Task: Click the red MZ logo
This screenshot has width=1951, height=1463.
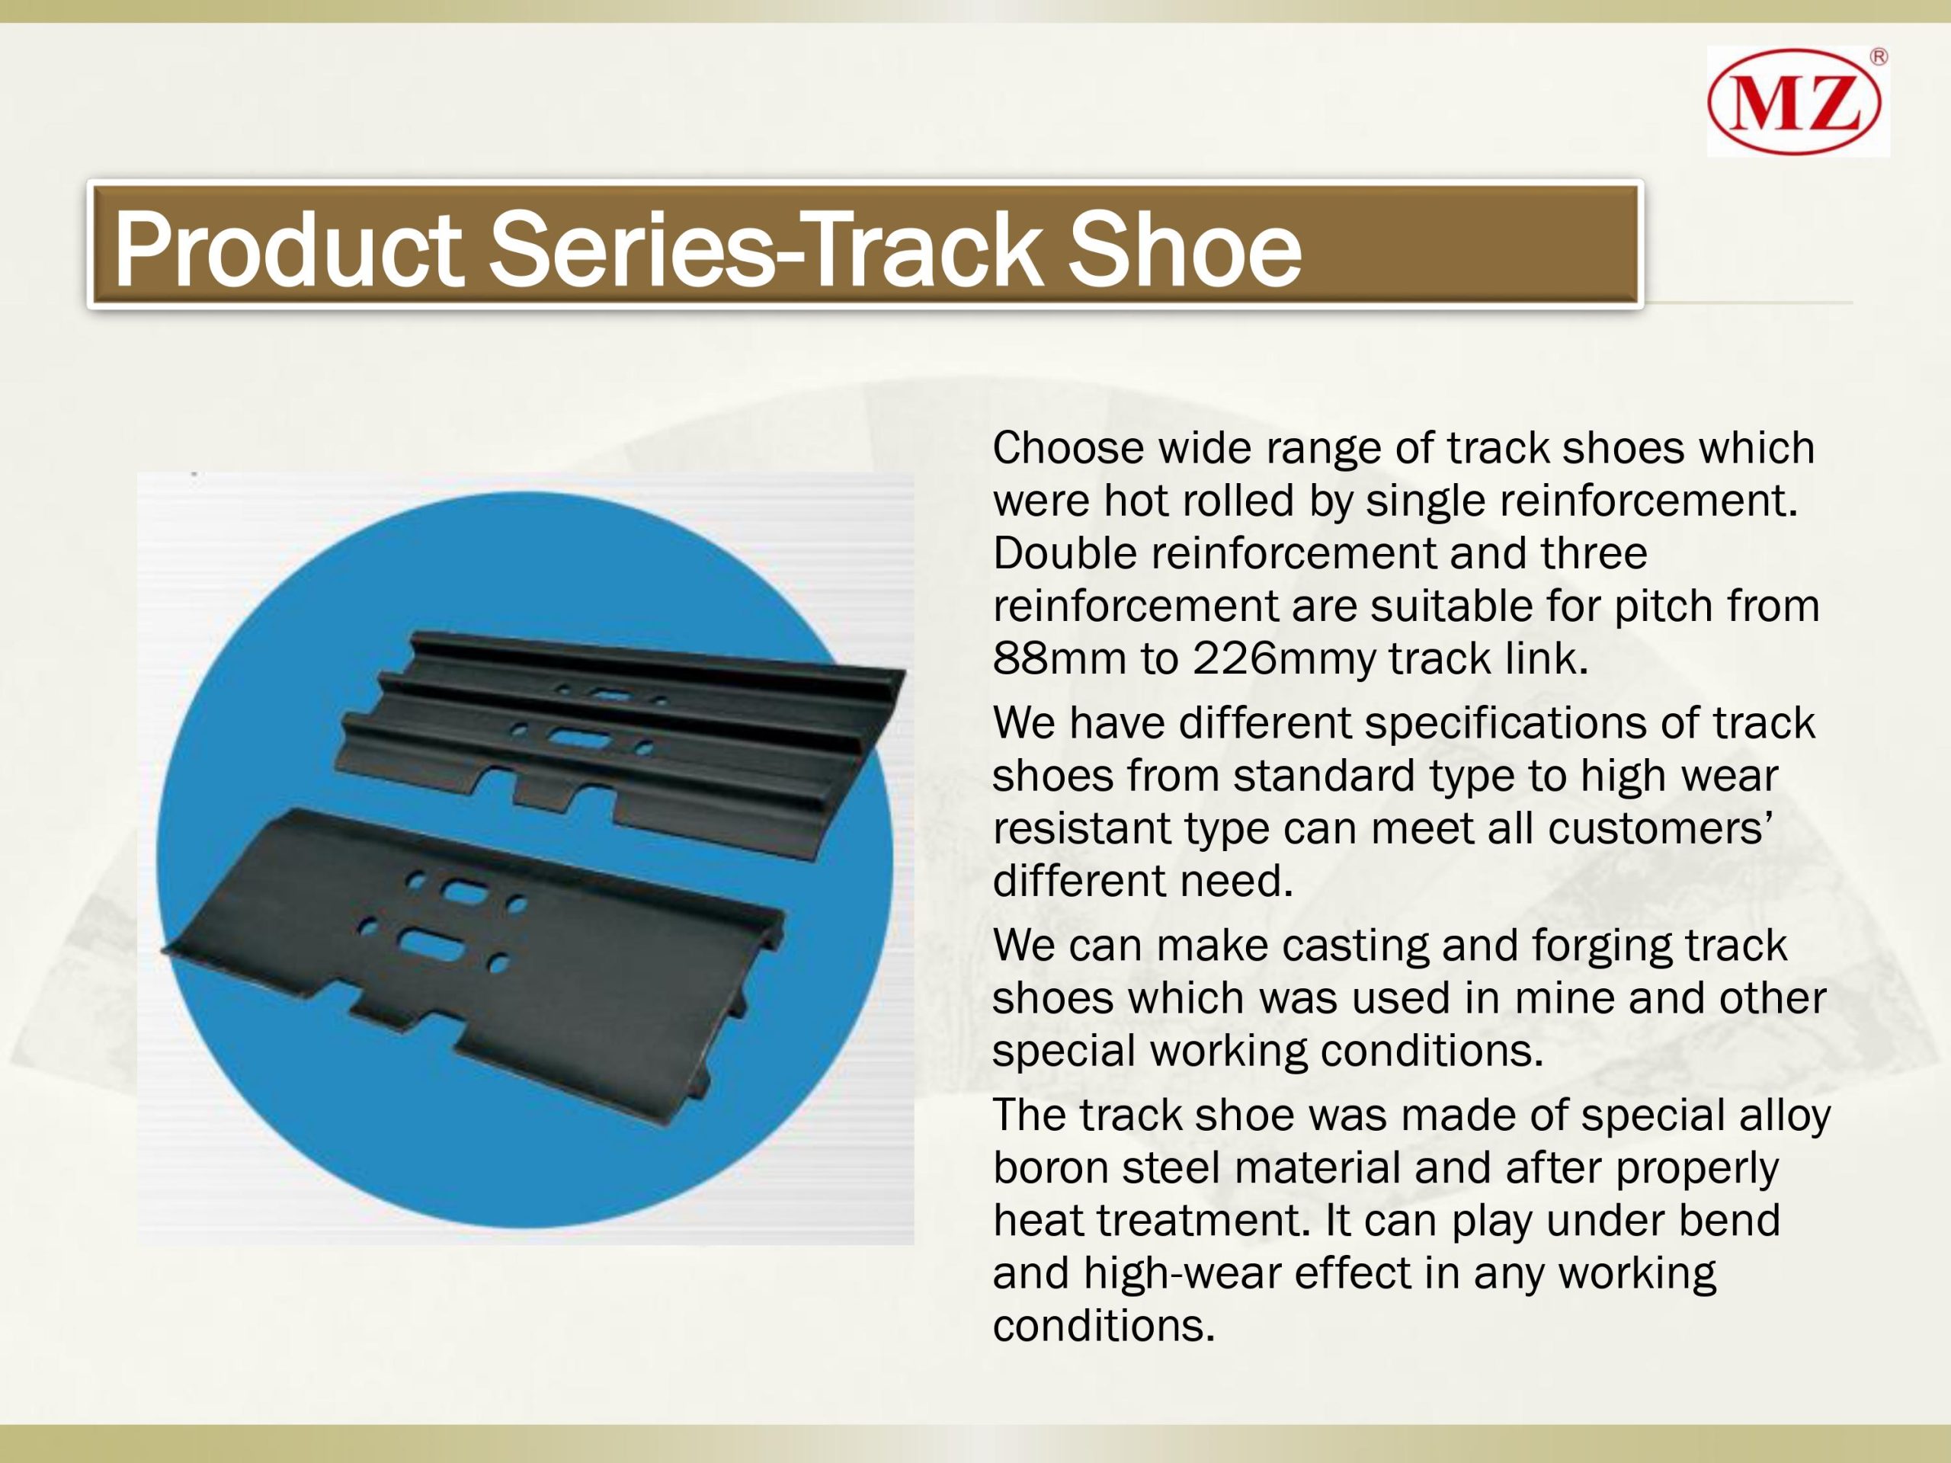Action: [1794, 102]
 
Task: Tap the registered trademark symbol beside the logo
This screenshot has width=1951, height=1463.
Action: [1879, 57]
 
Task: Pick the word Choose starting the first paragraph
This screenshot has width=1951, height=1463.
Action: [1068, 447]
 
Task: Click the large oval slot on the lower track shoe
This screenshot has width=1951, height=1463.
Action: [431, 944]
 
